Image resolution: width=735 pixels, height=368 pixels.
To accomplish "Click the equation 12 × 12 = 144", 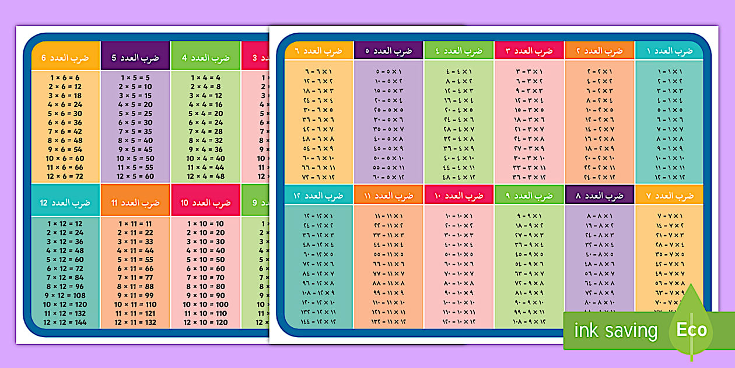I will [65, 322].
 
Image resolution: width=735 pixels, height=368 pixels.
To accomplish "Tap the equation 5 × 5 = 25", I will [135, 113].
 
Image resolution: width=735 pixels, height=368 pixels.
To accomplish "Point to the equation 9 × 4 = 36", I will [205, 150].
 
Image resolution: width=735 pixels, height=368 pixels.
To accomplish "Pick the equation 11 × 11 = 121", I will [135, 313].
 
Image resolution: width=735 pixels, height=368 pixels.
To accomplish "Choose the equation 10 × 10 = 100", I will [205, 304].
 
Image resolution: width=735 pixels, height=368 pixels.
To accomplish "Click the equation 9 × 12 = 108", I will [65, 295].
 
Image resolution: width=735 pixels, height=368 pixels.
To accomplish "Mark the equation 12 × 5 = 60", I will [135, 176].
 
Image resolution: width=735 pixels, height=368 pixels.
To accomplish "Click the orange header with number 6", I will [65, 58].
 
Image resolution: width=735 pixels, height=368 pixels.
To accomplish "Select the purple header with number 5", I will [135, 58].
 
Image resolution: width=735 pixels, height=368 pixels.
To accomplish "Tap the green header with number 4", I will [205, 58].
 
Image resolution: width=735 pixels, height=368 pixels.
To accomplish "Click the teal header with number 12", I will [65, 203].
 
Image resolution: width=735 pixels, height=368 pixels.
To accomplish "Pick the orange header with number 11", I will [135, 203].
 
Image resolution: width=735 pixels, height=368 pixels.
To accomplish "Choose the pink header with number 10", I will [205, 203].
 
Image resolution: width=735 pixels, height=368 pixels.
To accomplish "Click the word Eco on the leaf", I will [692, 329].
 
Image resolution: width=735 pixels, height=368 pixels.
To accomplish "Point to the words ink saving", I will [615, 331].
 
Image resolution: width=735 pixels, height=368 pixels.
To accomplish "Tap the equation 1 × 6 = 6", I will [65, 77].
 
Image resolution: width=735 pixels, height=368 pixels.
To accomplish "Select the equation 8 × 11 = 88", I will [135, 286].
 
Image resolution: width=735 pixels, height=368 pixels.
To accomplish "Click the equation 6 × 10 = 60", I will [205, 268].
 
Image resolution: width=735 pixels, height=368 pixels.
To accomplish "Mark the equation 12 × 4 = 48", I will [205, 176].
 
